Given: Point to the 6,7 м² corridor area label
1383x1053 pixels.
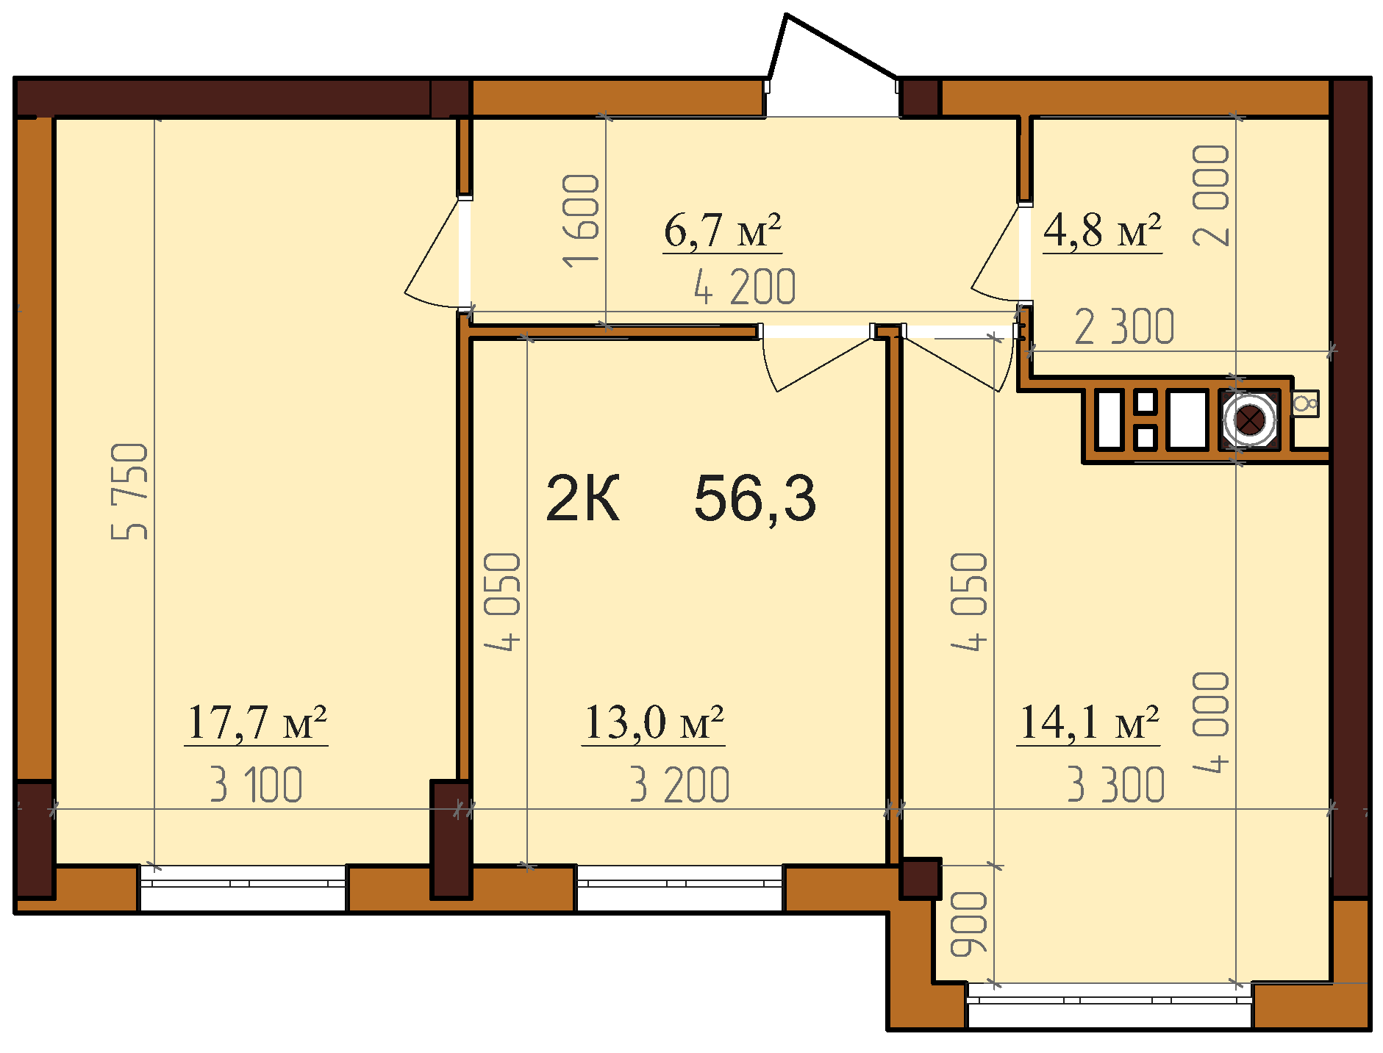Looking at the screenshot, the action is [x=722, y=230].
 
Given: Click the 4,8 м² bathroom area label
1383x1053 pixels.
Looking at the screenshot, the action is [x=1103, y=230].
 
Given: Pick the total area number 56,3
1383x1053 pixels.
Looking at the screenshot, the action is [x=755, y=498].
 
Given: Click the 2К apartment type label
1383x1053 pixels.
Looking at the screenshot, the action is [x=583, y=498].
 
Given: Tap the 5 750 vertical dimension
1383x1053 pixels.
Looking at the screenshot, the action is [x=130, y=491].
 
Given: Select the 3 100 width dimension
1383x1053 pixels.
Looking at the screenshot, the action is [x=256, y=784].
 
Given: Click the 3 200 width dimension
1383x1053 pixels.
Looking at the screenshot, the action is [x=679, y=784].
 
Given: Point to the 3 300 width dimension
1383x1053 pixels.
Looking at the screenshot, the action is [x=1116, y=784].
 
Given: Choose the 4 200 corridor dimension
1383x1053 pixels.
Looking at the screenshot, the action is [x=745, y=287].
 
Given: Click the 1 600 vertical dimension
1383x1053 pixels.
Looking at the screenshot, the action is [x=581, y=220].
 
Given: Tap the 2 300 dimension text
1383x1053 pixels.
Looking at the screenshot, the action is [x=1125, y=327].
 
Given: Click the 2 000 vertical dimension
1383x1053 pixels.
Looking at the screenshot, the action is [x=1211, y=195].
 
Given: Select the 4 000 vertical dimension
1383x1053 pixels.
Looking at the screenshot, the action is [x=1211, y=722].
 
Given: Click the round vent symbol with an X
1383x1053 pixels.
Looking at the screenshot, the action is [x=1248, y=420].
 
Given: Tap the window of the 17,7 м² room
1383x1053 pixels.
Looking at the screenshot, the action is [x=243, y=888].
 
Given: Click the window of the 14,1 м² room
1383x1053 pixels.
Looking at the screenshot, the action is [x=1109, y=1005].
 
